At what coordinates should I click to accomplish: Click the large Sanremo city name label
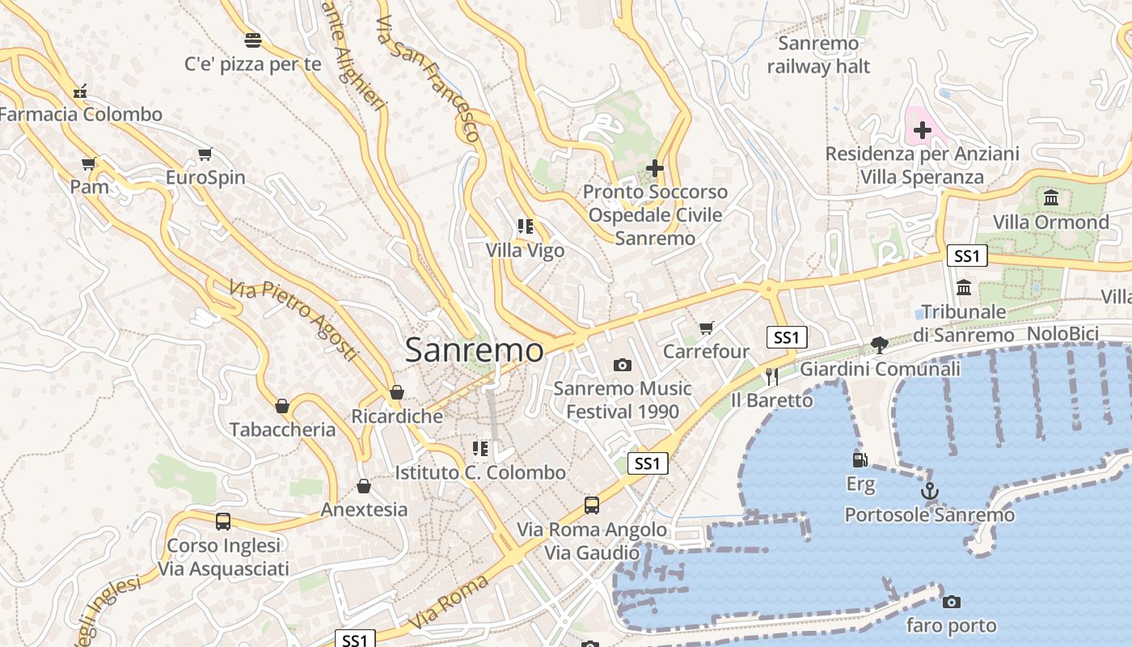pos(474,350)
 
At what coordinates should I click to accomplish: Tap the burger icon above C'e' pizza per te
pos(253,40)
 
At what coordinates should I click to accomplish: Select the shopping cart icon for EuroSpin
pos(205,154)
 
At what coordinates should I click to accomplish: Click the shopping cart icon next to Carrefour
pos(707,328)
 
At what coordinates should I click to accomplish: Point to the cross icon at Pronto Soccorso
pos(655,168)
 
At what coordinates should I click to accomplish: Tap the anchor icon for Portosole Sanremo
pos(930,491)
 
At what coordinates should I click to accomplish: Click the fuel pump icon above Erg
pos(860,460)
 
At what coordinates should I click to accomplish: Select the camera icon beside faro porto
pos(952,602)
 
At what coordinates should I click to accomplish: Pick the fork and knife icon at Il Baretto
pos(771,376)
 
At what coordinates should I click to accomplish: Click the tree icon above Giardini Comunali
pos(880,345)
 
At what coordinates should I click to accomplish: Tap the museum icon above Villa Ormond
pos(1051,197)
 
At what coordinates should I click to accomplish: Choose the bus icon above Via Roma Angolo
pos(592,505)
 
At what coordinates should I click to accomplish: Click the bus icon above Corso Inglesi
pos(223,522)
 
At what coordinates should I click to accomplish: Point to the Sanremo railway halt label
pos(818,55)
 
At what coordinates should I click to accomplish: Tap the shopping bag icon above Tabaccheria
pos(282,405)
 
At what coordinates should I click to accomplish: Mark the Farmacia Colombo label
pos(81,114)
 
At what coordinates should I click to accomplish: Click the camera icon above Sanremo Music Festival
pos(622,365)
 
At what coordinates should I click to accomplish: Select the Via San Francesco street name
pos(428,78)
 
